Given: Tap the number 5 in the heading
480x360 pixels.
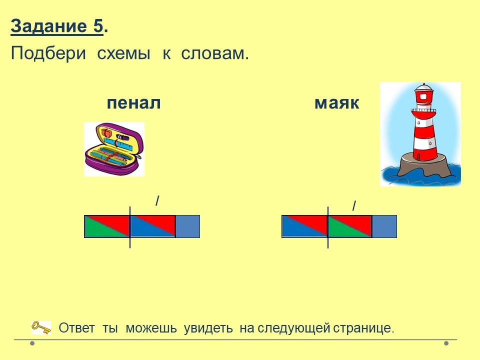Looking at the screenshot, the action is point(98,26).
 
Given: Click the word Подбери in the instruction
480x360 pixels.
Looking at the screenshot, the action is point(48,54).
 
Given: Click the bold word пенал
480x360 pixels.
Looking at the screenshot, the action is point(134,103).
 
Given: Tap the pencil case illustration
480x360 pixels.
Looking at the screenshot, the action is point(114,149).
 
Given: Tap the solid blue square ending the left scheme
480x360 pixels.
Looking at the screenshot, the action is point(188,226).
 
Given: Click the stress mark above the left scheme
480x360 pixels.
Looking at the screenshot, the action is point(157,201).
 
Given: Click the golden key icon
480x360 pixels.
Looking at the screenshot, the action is point(41,327).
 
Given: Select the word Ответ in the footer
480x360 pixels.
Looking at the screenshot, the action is point(76,328).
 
